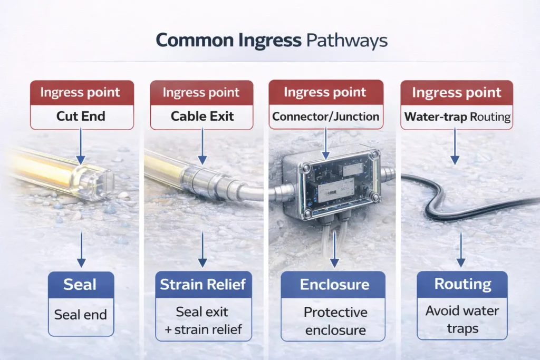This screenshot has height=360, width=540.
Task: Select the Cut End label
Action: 81,116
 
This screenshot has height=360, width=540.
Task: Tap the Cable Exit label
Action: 202,116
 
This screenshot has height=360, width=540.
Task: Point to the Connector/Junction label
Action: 325,116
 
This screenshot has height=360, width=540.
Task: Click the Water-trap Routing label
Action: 457,116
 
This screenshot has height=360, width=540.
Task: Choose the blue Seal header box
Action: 81,285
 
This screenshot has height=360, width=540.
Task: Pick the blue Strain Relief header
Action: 202,285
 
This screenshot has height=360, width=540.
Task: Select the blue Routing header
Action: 462,285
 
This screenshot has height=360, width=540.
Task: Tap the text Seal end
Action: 81,315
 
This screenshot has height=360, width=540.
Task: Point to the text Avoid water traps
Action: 462,319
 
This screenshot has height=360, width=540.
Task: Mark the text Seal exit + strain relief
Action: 202,320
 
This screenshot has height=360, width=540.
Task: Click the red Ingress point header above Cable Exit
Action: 202,93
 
